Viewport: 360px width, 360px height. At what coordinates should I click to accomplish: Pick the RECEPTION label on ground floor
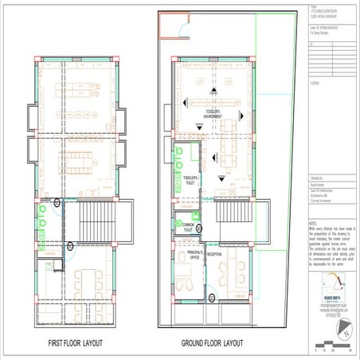pyautogui.click(x=214, y=254)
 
